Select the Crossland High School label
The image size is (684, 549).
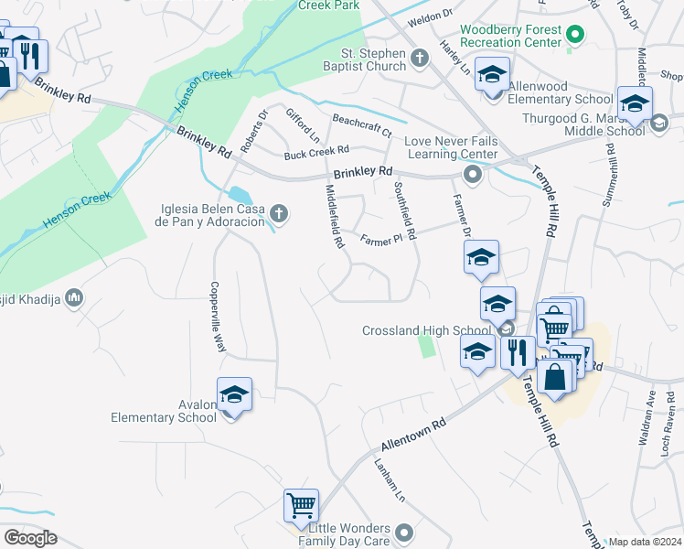click(427, 330)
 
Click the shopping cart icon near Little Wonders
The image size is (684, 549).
click(301, 505)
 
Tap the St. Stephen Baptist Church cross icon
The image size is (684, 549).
click(420, 59)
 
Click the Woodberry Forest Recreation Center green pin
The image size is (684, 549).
click(575, 37)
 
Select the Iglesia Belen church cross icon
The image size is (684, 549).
click(280, 214)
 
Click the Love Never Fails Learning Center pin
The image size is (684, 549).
click(472, 174)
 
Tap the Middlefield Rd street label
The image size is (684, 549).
click(335, 217)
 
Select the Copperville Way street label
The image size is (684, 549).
click(219, 317)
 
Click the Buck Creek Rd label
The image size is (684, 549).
click(316, 152)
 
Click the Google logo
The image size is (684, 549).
click(29, 537)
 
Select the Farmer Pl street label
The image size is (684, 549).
click(381, 240)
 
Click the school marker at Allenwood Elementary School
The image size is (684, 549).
click(492, 75)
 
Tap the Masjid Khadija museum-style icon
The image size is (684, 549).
click(75, 298)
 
